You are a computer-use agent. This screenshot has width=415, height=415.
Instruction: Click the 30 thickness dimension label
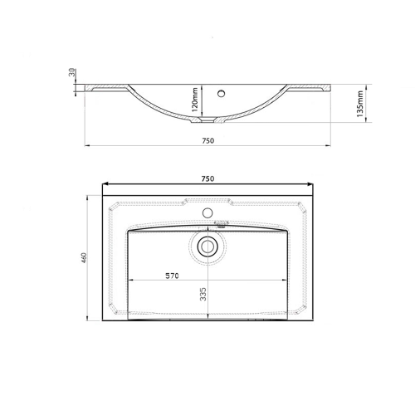pos(72,72)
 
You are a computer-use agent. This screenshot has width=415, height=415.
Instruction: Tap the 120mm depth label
pos(195,100)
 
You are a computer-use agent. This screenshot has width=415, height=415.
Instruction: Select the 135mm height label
pos(360,104)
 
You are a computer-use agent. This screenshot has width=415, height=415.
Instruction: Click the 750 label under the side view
pos(207,141)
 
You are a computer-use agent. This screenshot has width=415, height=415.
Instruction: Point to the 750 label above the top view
pos(207,179)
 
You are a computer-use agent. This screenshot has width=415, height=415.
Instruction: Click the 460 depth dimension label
pos(84,258)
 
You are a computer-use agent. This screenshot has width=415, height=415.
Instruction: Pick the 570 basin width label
pos(172,276)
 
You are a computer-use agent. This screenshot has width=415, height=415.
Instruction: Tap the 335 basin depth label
pos(203,294)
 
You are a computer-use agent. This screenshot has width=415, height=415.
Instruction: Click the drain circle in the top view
pos(207,247)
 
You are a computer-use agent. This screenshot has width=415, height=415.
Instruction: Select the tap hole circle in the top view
pos(207,212)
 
